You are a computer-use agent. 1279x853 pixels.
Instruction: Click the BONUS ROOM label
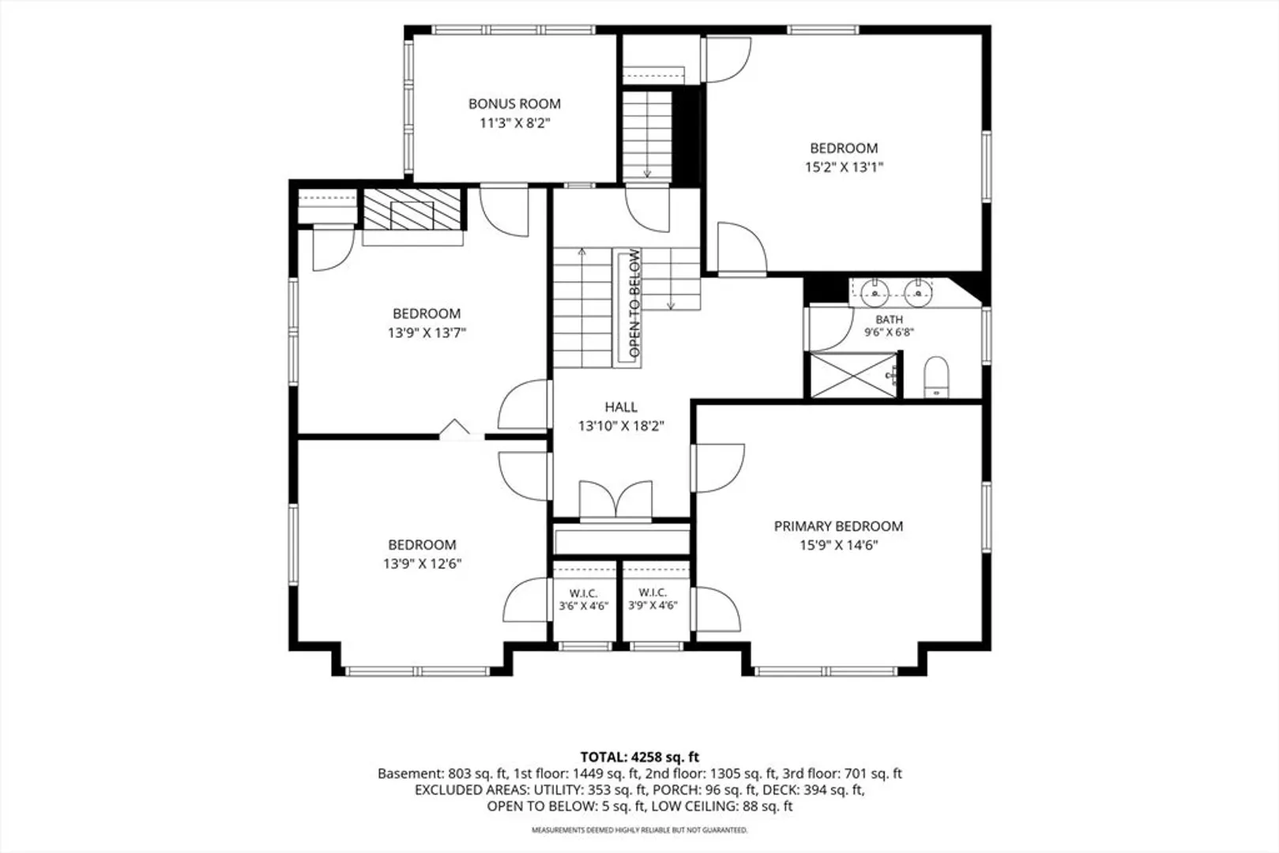coord(514,104)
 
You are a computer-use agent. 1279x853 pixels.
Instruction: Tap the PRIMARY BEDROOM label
coord(838,526)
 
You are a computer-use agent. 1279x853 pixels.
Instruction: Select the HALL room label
coord(621,407)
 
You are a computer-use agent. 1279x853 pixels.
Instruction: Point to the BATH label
coord(889,320)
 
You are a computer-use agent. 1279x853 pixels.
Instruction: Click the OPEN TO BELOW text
coord(634,303)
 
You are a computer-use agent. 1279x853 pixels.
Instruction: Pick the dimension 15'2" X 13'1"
coord(844,167)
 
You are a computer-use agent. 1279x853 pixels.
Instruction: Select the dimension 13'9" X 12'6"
coord(422,564)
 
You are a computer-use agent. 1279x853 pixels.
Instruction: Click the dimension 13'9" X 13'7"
coord(427,333)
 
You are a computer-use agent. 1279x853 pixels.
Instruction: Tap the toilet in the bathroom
coord(936,377)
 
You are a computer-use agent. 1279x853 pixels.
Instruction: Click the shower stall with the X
coord(854,375)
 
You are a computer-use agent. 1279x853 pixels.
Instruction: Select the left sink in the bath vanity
coord(875,294)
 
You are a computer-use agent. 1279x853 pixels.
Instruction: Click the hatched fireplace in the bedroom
coord(412,209)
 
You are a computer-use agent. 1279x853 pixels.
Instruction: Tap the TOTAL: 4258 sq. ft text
coord(640,757)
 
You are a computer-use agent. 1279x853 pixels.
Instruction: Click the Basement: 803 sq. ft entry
coord(442,774)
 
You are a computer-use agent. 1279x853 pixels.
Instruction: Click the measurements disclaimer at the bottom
coord(640,830)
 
